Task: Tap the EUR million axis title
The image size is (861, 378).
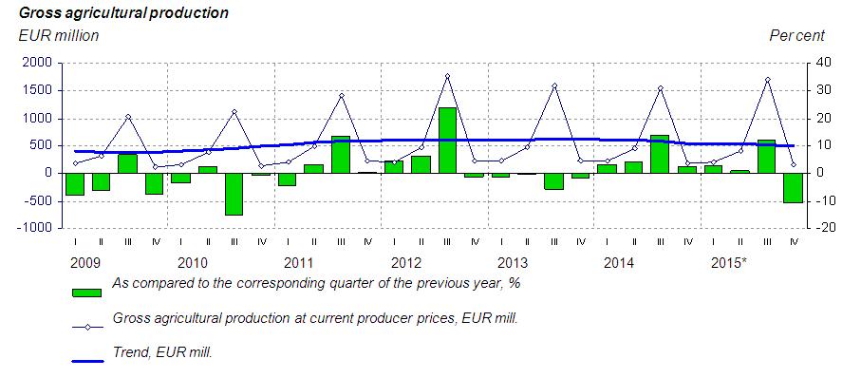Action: [59, 36]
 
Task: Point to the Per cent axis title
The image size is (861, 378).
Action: [796, 36]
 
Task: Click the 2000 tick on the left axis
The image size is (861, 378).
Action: [37, 64]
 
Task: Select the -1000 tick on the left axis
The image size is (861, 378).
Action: [34, 228]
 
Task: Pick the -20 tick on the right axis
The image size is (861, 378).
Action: [820, 228]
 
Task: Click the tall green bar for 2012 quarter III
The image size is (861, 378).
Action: [447, 141]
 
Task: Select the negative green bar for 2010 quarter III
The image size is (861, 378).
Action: [234, 194]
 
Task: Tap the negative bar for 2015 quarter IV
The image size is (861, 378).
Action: [793, 188]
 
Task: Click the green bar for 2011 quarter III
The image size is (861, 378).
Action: [341, 155]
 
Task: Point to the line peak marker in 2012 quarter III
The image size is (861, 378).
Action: [447, 76]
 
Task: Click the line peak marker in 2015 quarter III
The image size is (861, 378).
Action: [768, 80]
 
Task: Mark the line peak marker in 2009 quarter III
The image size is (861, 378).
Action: [128, 117]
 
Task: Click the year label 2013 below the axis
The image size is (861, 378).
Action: [512, 263]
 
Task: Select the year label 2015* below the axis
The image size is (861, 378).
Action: [729, 263]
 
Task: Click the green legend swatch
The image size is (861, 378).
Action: [86, 293]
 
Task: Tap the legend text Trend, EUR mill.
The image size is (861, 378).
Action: [162, 351]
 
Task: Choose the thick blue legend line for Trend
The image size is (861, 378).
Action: [87, 361]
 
